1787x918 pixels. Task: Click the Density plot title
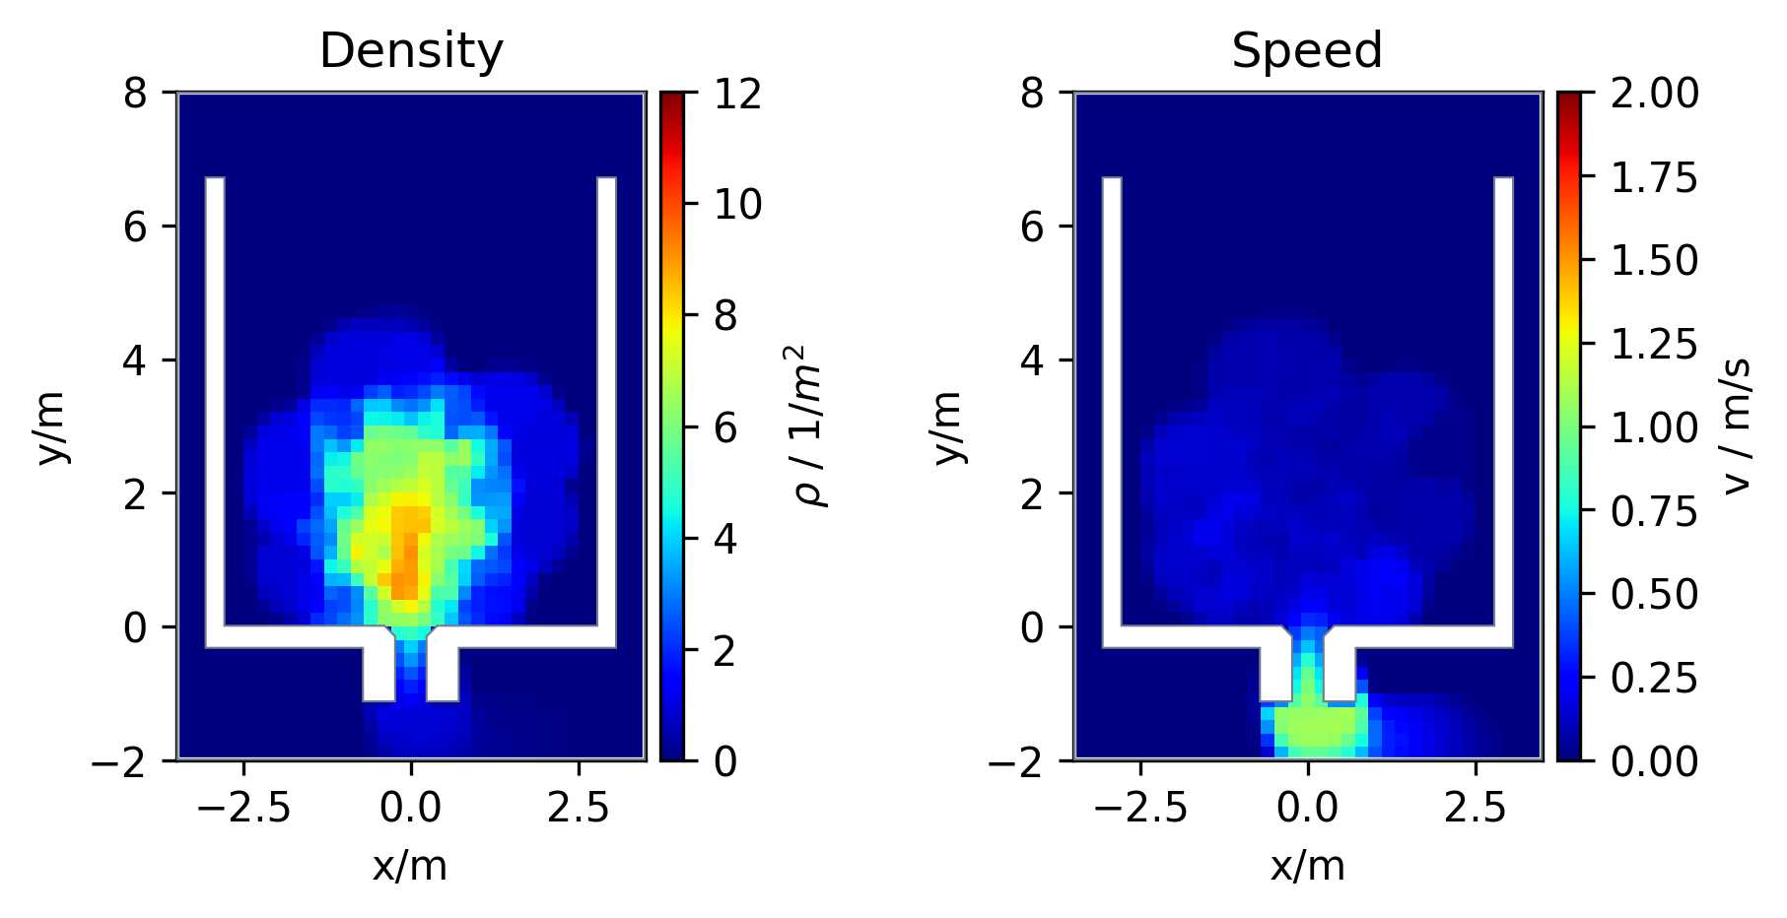tap(411, 50)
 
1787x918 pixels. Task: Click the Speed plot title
tap(1307, 50)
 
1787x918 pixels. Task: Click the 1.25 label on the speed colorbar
tap(1654, 344)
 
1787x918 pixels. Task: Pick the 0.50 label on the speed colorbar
tap(1654, 594)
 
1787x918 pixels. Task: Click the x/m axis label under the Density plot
tap(410, 866)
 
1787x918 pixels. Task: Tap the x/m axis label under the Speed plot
tap(1307, 866)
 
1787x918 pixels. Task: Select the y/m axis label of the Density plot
tap(52, 426)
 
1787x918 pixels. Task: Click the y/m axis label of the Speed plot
tap(948, 426)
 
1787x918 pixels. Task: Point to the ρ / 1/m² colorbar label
tap(813, 426)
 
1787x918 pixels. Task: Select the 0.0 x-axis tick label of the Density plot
tap(411, 808)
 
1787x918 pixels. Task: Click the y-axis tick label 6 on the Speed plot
tap(1033, 227)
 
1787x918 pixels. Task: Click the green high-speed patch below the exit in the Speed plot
tap(1316, 724)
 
